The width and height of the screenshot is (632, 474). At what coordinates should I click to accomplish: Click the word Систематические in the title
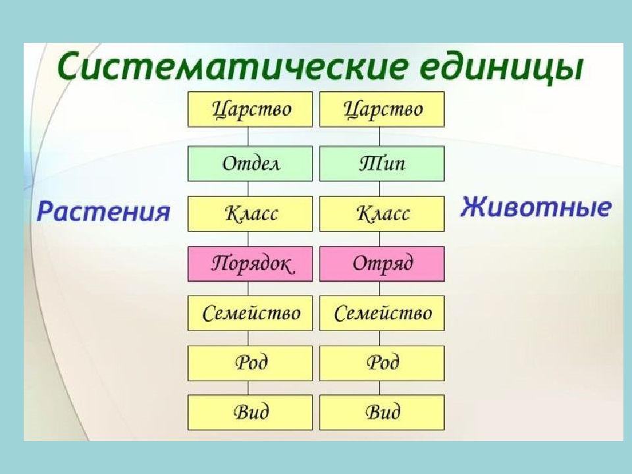point(230,66)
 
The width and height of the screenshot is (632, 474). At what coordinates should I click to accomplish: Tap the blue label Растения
point(103,211)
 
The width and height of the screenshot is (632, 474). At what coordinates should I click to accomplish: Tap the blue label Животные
point(536,207)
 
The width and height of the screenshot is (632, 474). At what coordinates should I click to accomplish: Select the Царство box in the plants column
point(250,109)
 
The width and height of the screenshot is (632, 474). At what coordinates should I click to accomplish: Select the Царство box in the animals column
point(382,109)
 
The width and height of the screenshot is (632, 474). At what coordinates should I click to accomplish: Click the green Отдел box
point(250,163)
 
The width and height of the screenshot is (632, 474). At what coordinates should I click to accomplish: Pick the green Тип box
point(382,163)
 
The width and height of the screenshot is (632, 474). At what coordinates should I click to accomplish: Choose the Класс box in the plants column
point(250,213)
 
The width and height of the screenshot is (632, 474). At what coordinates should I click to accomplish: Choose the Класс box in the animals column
point(382,213)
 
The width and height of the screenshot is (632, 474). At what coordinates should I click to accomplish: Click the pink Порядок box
point(250,263)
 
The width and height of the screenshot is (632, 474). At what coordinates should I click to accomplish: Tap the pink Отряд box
point(382,263)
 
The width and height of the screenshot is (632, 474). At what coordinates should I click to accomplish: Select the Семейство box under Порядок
point(250,313)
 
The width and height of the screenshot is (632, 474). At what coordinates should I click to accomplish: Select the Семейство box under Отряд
point(382,313)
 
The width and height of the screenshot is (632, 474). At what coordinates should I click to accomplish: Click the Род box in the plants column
point(250,363)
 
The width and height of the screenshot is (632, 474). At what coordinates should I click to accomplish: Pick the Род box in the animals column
point(382,363)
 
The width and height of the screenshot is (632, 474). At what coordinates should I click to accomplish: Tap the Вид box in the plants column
point(250,412)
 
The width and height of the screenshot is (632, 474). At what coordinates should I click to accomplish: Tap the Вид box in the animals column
point(382,412)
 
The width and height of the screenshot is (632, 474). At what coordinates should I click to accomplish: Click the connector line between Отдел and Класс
point(248,189)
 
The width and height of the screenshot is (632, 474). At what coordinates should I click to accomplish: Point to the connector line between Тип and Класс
point(379,189)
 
